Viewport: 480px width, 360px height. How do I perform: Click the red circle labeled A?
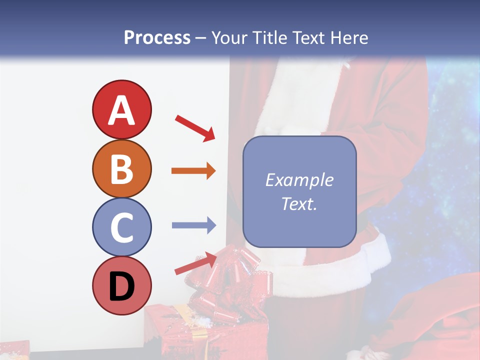(121, 109)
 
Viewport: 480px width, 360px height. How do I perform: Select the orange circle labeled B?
(121, 168)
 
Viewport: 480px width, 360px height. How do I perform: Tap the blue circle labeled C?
(121, 227)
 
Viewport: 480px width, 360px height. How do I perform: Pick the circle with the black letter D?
(121, 286)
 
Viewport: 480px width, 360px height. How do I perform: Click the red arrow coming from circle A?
(195, 127)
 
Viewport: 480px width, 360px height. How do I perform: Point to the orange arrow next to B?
(193, 171)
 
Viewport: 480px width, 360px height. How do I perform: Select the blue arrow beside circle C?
(193, 225)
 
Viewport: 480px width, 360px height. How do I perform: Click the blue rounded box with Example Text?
(299, 191)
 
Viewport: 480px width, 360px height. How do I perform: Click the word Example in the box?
(299, 180)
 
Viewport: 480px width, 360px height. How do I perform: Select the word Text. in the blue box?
(299, 203)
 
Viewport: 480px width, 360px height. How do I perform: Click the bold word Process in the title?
(157, 38)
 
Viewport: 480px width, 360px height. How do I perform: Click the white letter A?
(121, 110)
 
